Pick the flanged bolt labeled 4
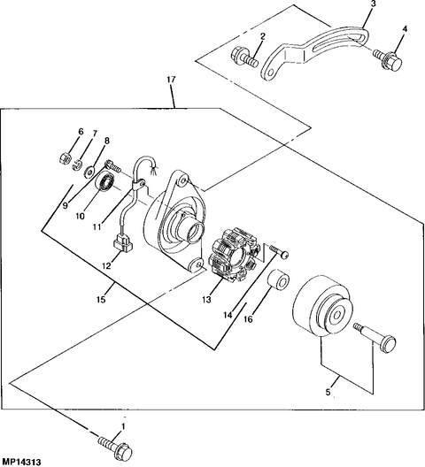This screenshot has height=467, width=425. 390,62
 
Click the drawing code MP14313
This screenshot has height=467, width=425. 23,461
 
